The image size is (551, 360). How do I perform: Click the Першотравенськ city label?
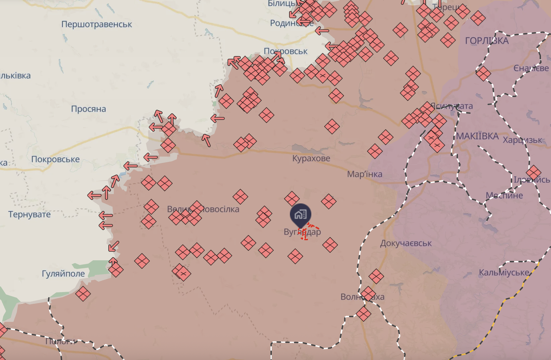(96, 24)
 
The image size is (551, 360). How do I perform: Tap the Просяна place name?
(88, 109)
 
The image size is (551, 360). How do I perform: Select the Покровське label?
(55, 159)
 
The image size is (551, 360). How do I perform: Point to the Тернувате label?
(29, 214)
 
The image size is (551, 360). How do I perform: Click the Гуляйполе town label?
(63, 274)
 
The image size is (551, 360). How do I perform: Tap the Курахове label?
(311, 159)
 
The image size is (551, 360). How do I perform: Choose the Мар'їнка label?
(365, 174)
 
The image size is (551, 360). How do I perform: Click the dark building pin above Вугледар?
(300, 214)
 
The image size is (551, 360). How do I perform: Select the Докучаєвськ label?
(406, 244)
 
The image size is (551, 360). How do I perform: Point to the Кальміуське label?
(504, 273)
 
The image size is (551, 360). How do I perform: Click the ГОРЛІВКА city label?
(487, 41)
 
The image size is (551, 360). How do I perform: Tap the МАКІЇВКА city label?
(477, 136)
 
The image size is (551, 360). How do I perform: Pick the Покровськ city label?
(286, 52)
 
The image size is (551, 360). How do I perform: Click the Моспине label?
(504, 195)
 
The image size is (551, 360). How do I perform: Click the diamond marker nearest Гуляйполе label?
(115, 270)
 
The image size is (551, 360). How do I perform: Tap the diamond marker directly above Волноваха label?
(376, 277)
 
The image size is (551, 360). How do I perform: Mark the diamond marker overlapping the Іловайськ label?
(533, 173)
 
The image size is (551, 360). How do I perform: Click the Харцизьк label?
(522, 140)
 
